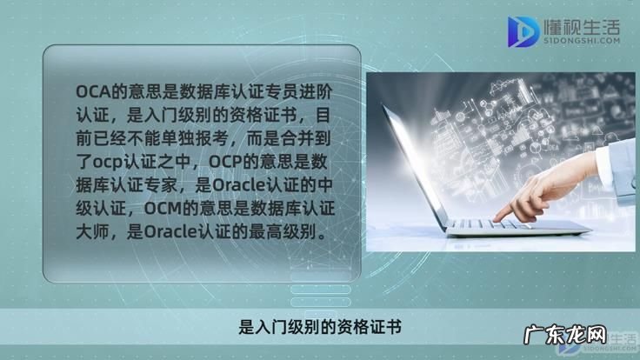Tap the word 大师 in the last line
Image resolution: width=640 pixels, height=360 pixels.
[90, 232]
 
